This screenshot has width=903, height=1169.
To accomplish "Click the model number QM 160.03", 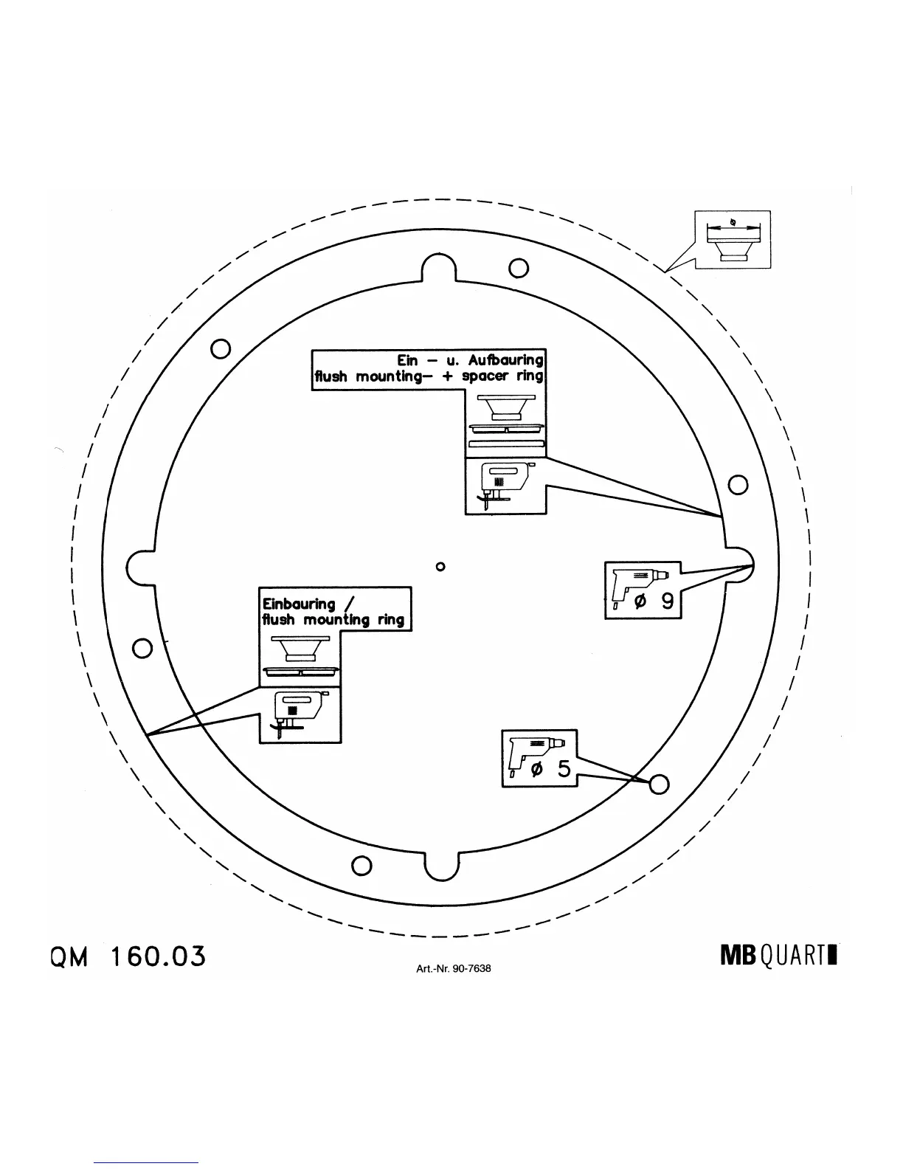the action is click(x=127, y=956).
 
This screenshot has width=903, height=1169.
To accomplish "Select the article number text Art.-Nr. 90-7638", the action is click(x=453, y=968).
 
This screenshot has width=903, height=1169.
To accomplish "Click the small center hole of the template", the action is click(x=440, y=567).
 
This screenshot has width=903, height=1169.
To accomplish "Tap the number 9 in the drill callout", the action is click(x=666, y=601).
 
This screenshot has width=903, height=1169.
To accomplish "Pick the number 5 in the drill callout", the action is click(x=564, y=769).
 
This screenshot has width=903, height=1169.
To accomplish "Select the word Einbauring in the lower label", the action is click(x=299, y=604).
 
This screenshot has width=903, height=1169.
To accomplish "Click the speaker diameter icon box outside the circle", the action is click(x=733, y=239).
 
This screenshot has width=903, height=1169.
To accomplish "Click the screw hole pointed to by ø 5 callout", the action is click(x=659, y=784).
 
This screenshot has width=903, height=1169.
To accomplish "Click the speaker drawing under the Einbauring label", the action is click(x=299, y=648).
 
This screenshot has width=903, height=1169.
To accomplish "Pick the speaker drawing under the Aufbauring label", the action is click(x=506, y=407).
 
